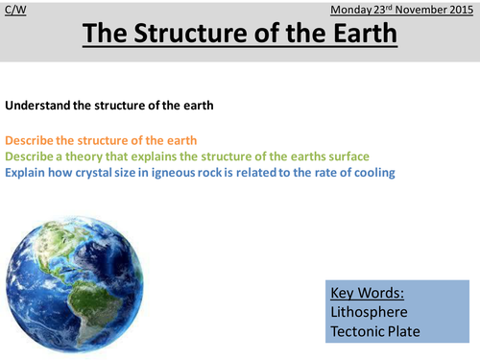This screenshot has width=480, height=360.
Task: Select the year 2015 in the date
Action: pos(459,10)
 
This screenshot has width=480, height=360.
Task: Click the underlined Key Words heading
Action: pos(368,293)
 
